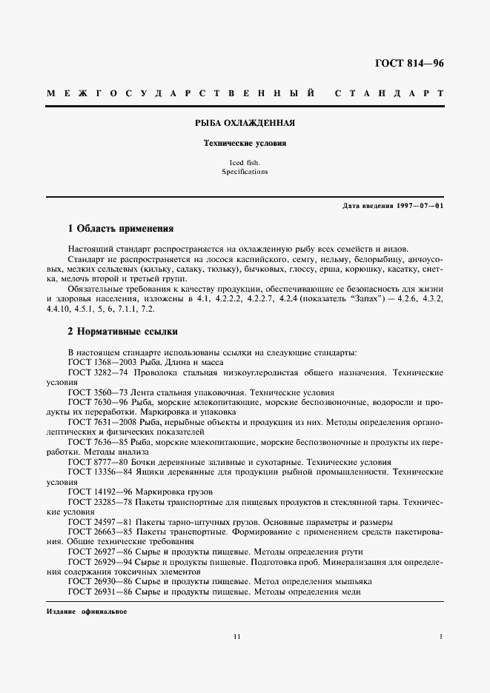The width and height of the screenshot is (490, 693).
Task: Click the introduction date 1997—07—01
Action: tap(419, 205)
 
